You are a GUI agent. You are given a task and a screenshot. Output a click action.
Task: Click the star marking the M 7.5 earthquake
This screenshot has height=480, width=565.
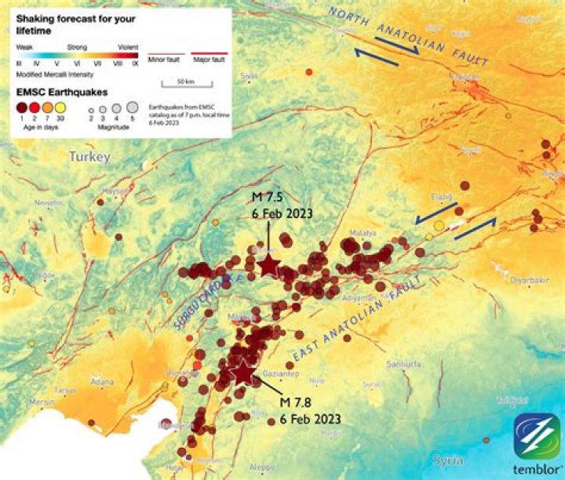coord(269,265)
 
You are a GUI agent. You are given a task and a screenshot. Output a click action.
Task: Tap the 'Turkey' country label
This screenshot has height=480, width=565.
coord(89,157)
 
